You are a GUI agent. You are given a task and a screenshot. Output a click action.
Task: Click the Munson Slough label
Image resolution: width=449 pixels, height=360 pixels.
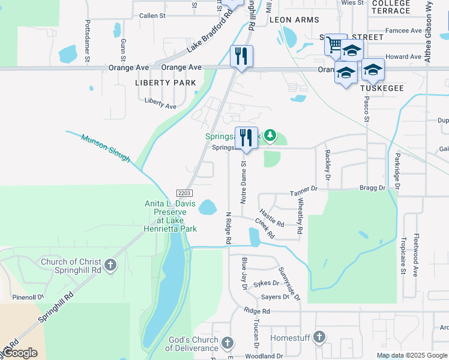pyautogui.click(x=106, y=148)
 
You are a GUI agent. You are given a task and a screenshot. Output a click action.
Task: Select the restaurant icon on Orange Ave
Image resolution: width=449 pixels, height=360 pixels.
pyautogui.click(x=241, y=56)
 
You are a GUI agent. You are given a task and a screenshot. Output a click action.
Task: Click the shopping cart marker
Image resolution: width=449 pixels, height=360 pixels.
pyautogui.click(x=334, y=44)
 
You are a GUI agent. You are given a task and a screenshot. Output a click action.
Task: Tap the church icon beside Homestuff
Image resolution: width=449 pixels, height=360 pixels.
pyautogui.click(x=319, y=338)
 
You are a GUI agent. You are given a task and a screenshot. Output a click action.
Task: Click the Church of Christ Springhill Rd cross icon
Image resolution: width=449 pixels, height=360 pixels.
pyautogui.click(x=110, y=265)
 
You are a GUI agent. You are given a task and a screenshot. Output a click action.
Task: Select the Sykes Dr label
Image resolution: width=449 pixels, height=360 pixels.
pyautogui.click(x=267, y=283)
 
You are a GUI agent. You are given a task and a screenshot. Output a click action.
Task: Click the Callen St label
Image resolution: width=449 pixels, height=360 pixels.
pyautogui.click(x=152, y=15)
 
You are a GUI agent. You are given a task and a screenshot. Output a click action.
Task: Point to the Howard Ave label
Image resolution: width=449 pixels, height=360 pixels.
pyautogui.click(x=403, y=57)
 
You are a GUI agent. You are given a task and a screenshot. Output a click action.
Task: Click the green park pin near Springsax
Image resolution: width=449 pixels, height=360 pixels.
pyautogui.click(x=270, y=136)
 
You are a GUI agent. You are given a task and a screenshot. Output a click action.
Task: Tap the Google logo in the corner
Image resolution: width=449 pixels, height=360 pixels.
pyautogui.click(x=19, y=353)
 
